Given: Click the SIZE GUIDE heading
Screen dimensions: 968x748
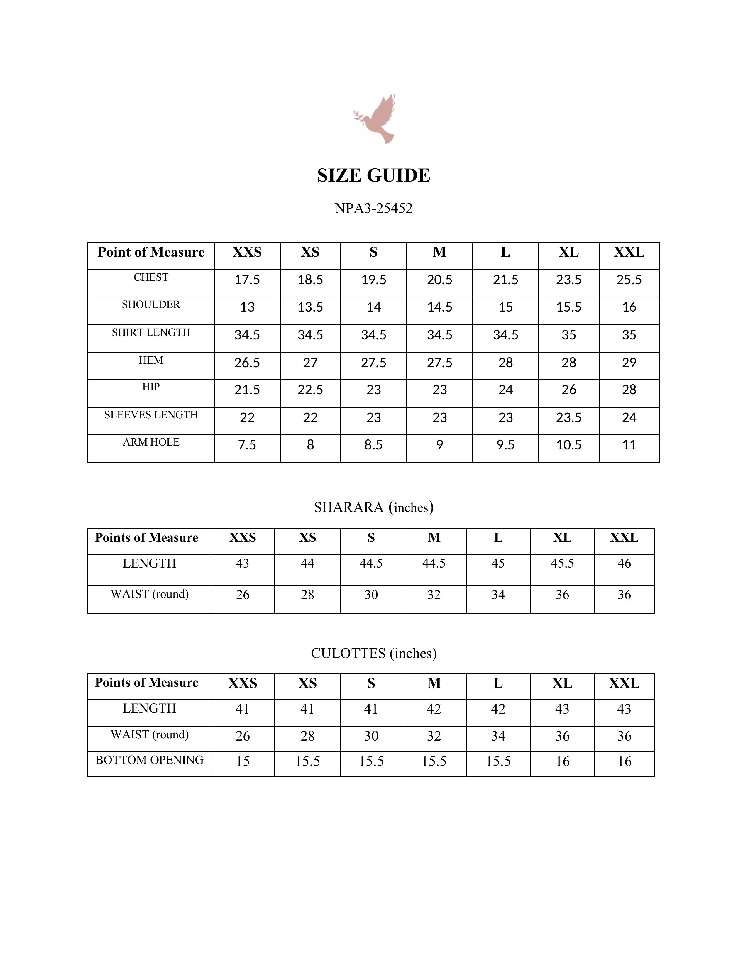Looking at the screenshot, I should [x=373, y=175].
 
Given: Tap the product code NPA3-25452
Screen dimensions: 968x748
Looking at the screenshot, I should [x=373, y=208].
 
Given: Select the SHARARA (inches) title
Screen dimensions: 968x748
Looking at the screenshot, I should [x=373, y=507].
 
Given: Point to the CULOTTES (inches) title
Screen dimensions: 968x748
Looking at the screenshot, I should [x=373, y=653].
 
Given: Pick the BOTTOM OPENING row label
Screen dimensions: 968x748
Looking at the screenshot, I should [x=149, y=760].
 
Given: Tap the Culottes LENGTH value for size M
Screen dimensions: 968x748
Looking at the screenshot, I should [x=434, y=709].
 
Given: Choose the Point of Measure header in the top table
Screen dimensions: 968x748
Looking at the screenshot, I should [x=151, y=252].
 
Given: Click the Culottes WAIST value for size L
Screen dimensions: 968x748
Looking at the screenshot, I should [x=498, y=736].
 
